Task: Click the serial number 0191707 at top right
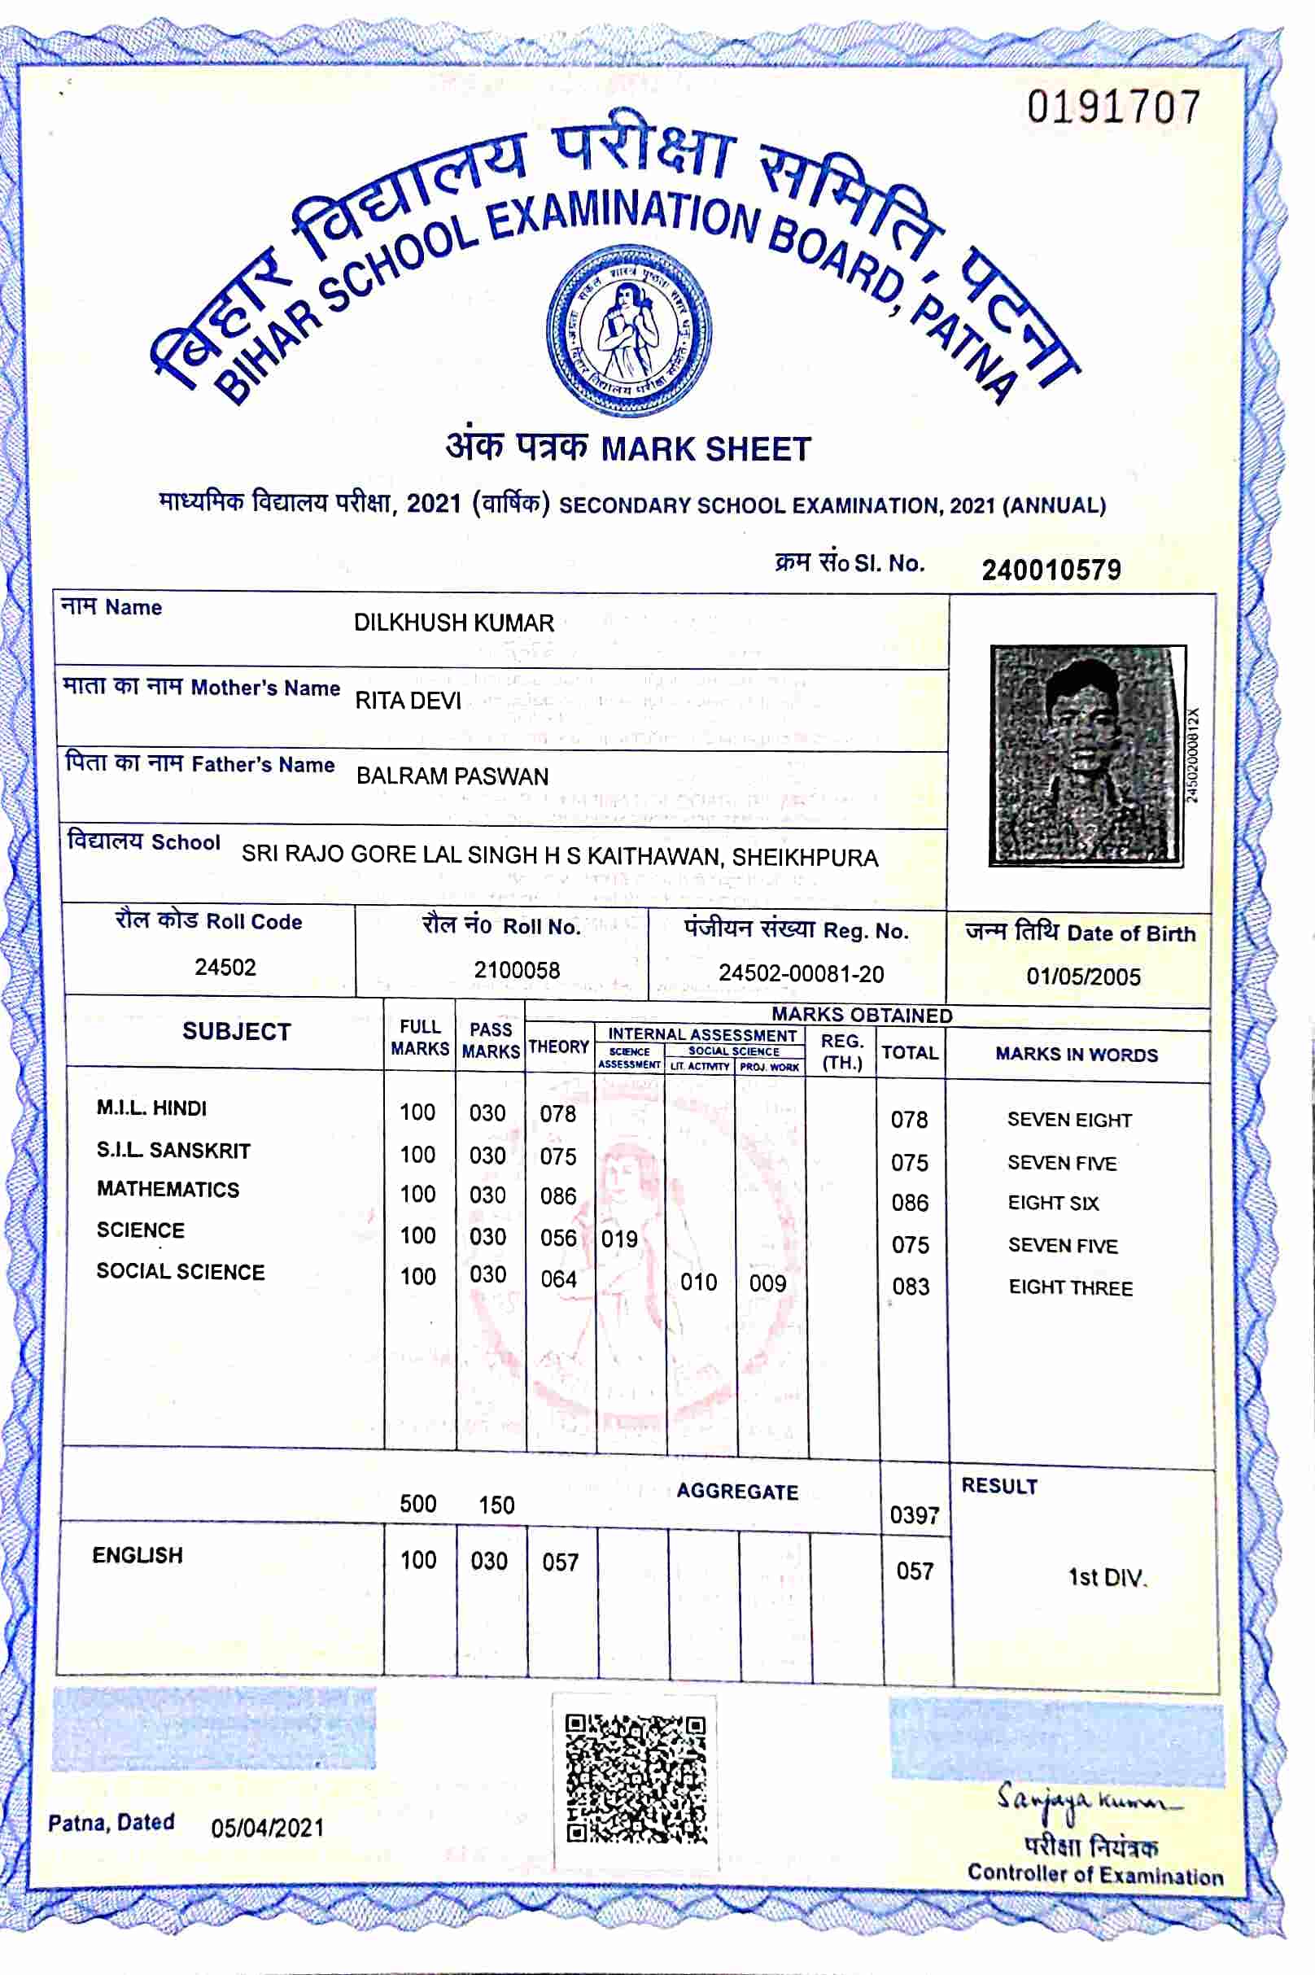coord(1114,108)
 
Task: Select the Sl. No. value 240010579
coord(1051,570)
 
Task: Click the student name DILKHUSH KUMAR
coord(454,623)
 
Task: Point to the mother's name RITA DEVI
coord(408,701)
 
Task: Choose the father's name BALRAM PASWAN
coord(452,776)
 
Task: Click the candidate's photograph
coord(1088,755)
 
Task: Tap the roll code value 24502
coord(225,967)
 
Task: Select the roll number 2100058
coord(517,970)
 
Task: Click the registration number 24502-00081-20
coord(801,973)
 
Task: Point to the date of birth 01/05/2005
coord(1084,977)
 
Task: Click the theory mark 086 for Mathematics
coord(557,1196)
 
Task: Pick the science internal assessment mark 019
coord(620,1239)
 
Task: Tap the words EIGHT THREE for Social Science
coord(1070,1287)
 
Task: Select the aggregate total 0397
coord(914,1514)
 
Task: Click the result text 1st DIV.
coord(1106,1578)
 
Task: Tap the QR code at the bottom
coord(636,1779)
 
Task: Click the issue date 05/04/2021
coord(268,1828)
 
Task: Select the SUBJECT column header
coord(237,1032)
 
